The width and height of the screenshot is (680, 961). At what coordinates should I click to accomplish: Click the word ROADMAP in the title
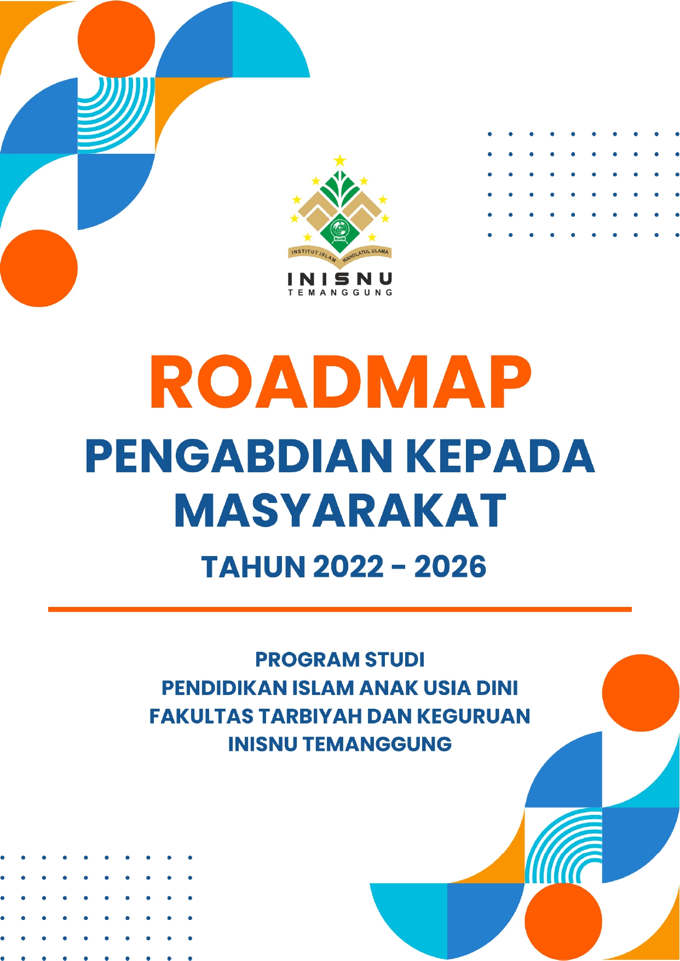pos(340,382)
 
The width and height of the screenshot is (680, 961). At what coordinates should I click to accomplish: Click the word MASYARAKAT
pos(340,510)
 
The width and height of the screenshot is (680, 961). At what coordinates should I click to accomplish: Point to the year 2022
pos(348,566)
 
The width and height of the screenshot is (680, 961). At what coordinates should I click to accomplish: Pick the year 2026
pos(450,566)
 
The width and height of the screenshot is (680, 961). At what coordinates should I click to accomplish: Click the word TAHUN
pos(253,566)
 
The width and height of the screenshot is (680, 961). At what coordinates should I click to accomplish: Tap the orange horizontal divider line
pos(340,609)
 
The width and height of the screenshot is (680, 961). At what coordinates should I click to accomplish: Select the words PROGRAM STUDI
pos(340,659)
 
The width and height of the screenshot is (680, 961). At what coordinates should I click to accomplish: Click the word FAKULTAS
pos(201,716)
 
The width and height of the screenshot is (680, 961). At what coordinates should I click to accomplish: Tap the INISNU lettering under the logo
pos(340,279)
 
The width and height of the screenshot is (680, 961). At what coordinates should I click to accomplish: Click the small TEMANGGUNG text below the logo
pos(340,293)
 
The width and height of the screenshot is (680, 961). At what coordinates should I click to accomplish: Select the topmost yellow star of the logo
pos(340,160)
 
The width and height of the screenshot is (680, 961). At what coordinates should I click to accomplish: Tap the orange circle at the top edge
pos(116,39)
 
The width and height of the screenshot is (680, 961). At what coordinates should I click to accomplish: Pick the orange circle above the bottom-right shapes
pos(641,693)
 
